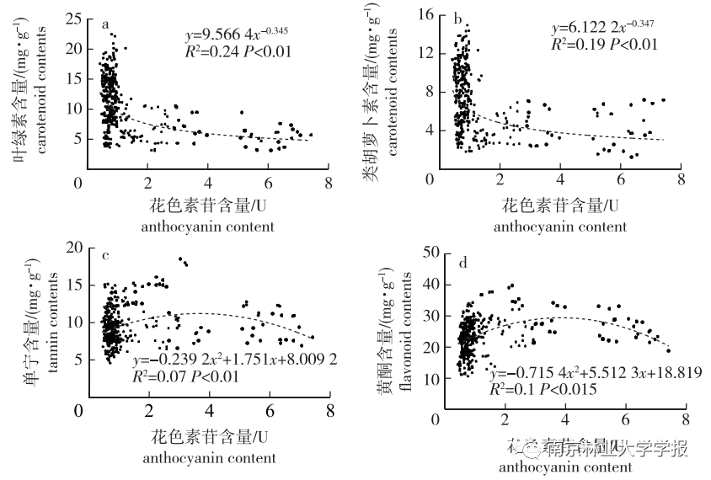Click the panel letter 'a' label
[x=105, y=24]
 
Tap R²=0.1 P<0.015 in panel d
[x=544, y=389]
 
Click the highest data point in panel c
[x=179, y=259]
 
